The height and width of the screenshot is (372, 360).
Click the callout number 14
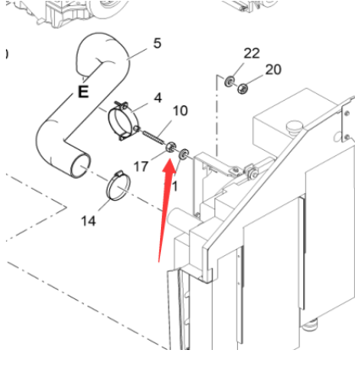point(88,220)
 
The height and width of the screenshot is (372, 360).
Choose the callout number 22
point(252,53)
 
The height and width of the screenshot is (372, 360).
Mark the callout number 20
point(273,69)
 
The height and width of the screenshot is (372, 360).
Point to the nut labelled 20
point(242,86)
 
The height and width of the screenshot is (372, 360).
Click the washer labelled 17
point(171,147)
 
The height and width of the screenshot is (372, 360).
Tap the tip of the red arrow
point(170,155)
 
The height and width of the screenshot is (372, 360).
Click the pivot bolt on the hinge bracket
point(252,175)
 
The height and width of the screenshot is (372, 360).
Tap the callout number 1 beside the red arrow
point(175,185)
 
